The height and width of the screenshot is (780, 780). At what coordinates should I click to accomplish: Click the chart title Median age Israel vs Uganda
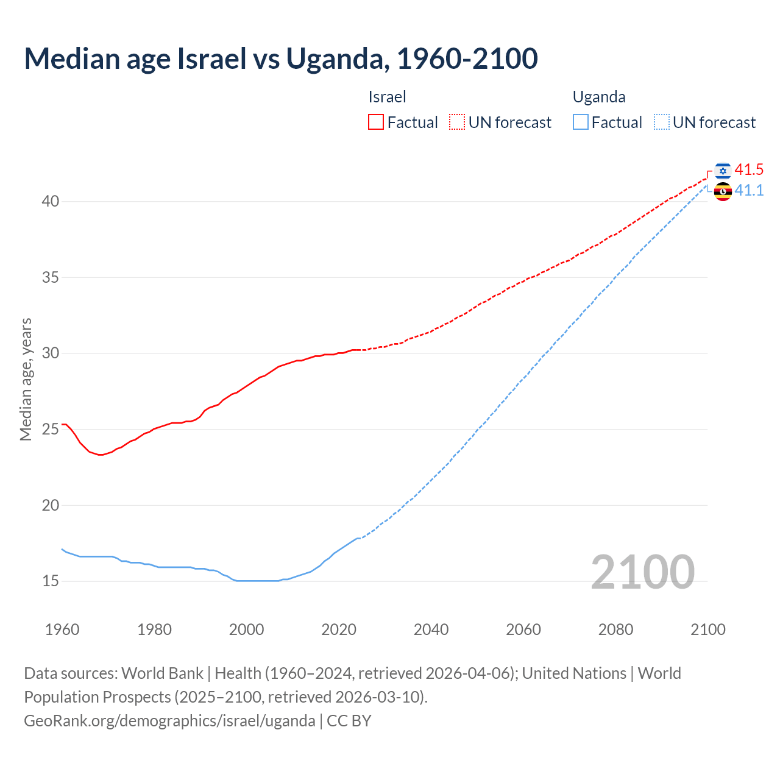pos(280,58)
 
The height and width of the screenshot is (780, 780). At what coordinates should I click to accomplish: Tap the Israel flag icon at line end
pos(723,171)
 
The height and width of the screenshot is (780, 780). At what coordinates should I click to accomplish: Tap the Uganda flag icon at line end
pos(723,191)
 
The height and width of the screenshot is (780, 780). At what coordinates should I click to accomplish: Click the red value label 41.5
pos(749,169)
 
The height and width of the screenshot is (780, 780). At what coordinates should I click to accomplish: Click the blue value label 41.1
pos(749,191)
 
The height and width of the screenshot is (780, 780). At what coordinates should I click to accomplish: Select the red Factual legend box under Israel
pos(376,122)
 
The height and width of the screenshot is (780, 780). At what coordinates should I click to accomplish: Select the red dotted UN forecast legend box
pos(457,122)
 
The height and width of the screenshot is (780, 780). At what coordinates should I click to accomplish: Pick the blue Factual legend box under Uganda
pos(581,122)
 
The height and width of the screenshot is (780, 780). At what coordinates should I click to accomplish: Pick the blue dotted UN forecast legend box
pos(662,122)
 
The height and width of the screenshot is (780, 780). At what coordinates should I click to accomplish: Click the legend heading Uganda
pos(599,97)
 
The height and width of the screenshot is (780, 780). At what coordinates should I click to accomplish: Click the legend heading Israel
pos(387,97)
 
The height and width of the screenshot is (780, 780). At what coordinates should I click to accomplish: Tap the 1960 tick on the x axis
pos(62,629)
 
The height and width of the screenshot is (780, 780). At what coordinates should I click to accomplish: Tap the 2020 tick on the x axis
pos(339,629)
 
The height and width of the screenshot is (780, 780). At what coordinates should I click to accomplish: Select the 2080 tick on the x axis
pos(615,629)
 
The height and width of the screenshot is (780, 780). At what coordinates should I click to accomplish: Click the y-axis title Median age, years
pos(26,379)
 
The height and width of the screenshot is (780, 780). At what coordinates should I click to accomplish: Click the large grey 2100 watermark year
pos(642,572)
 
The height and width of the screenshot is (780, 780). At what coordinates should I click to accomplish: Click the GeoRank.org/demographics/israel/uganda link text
pos(169,721)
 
